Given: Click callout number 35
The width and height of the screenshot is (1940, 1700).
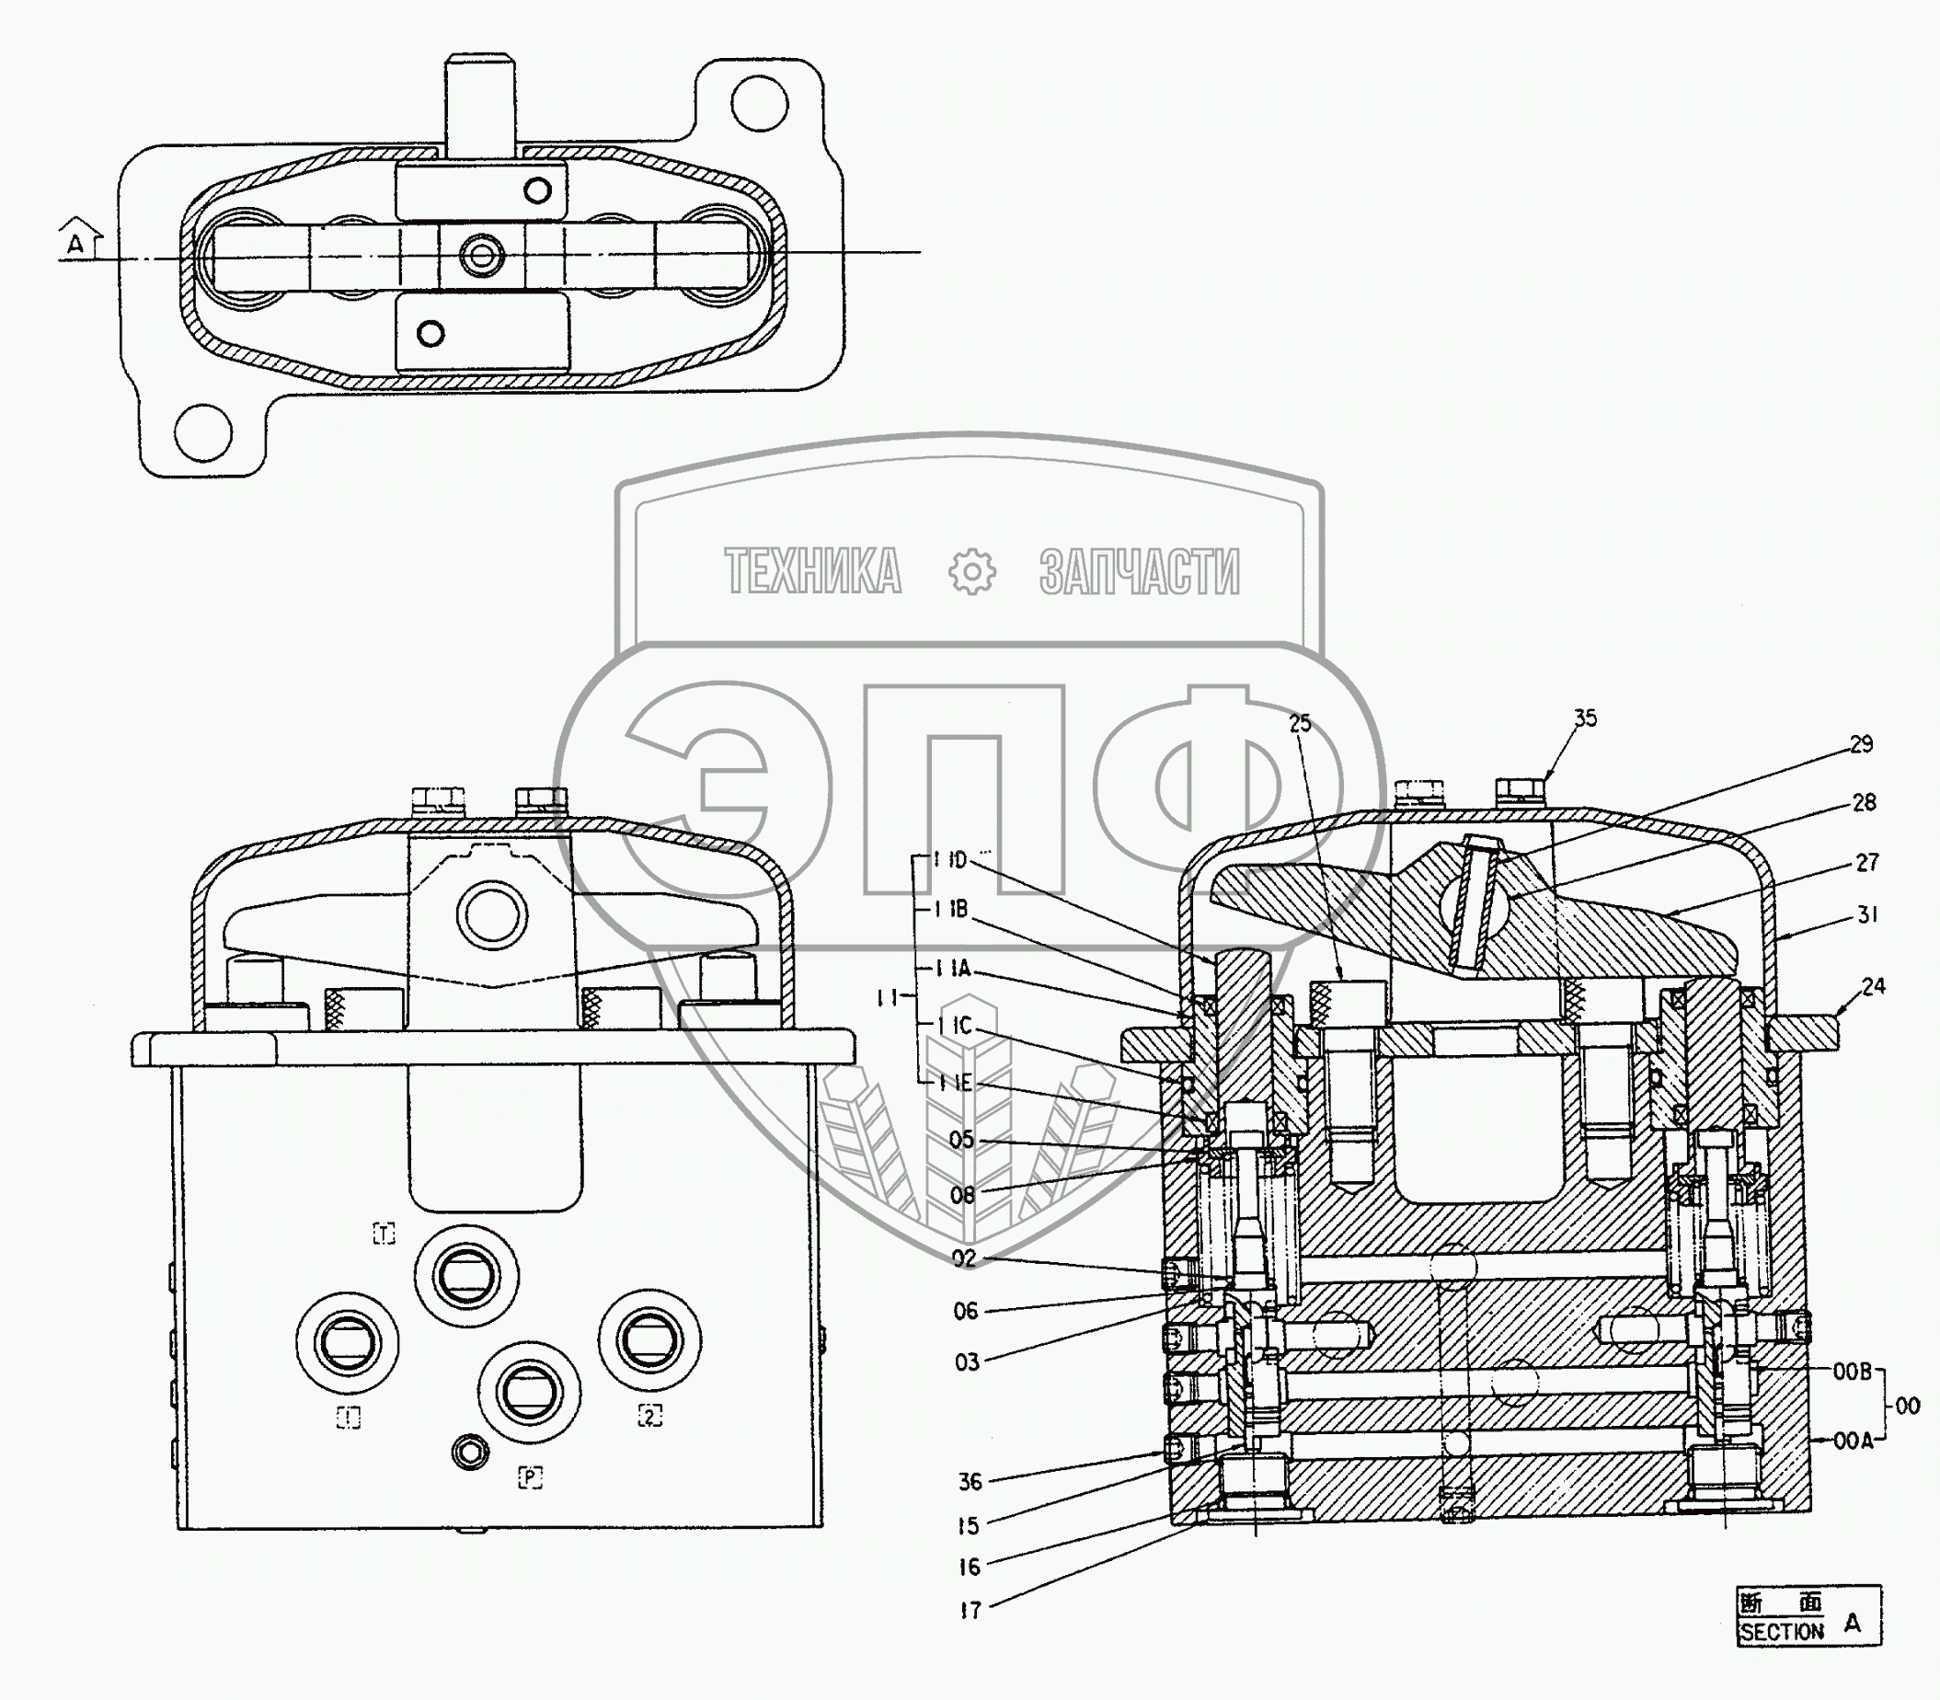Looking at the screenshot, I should [1584, 718].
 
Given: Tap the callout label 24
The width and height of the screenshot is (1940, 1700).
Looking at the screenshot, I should [1872, 986].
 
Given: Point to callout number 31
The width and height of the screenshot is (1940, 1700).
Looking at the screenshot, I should [1867, 915].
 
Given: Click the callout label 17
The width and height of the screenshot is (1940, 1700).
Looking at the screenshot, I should [969, 1611].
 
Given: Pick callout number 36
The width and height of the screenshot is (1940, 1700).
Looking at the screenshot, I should [969, 1481].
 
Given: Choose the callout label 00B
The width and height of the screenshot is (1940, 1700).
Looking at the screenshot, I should [1851, 1398].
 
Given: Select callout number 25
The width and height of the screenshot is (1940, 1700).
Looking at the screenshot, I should [1300, 723].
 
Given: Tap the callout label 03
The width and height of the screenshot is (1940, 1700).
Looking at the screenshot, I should [966, 1362].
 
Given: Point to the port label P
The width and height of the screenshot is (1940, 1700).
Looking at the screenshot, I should [529, 1477].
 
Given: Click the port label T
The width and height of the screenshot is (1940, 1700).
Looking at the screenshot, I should [385, 1234].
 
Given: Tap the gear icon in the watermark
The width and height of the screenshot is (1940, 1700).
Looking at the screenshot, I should [971, 572].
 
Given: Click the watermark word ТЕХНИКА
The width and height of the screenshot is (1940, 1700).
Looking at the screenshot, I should [813, 571].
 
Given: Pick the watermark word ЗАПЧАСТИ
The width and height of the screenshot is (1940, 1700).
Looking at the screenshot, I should [1139, 571].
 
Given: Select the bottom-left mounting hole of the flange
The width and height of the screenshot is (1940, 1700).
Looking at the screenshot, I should [203, 432].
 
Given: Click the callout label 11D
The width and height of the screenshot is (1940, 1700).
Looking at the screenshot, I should [948, 860].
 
